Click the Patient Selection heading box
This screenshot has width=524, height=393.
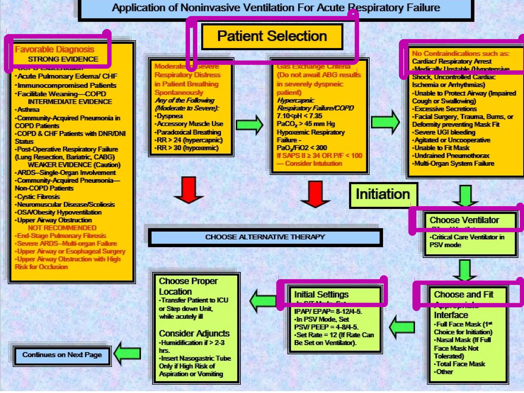[272, 37]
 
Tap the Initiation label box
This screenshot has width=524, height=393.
[383, 195]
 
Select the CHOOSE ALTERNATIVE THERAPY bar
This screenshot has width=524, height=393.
[265, 237]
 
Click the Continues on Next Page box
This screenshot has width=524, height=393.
[62, 355]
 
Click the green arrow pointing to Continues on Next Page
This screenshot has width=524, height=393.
[127, 354]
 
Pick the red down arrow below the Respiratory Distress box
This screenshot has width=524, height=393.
[189, 190]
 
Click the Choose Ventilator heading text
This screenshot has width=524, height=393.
[464, 220]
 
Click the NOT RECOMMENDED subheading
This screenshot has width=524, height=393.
[62, 228]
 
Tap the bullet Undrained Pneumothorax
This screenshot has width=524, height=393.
[452, 156]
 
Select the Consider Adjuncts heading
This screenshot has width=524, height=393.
[194, 334]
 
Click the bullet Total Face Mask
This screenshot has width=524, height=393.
[460, 364]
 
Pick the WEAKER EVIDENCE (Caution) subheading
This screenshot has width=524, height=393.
[74, 165]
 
